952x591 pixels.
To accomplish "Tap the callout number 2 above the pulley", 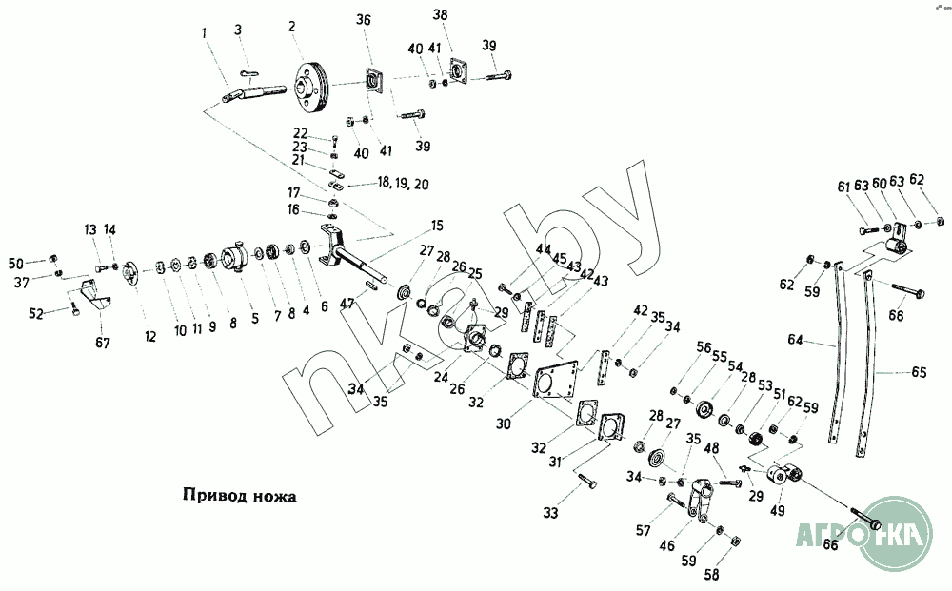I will click(291, 26).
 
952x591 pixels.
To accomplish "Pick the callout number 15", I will click(437, 226).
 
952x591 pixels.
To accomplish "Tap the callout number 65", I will click(918, 373).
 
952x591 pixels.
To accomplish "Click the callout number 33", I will click(550, 514).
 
